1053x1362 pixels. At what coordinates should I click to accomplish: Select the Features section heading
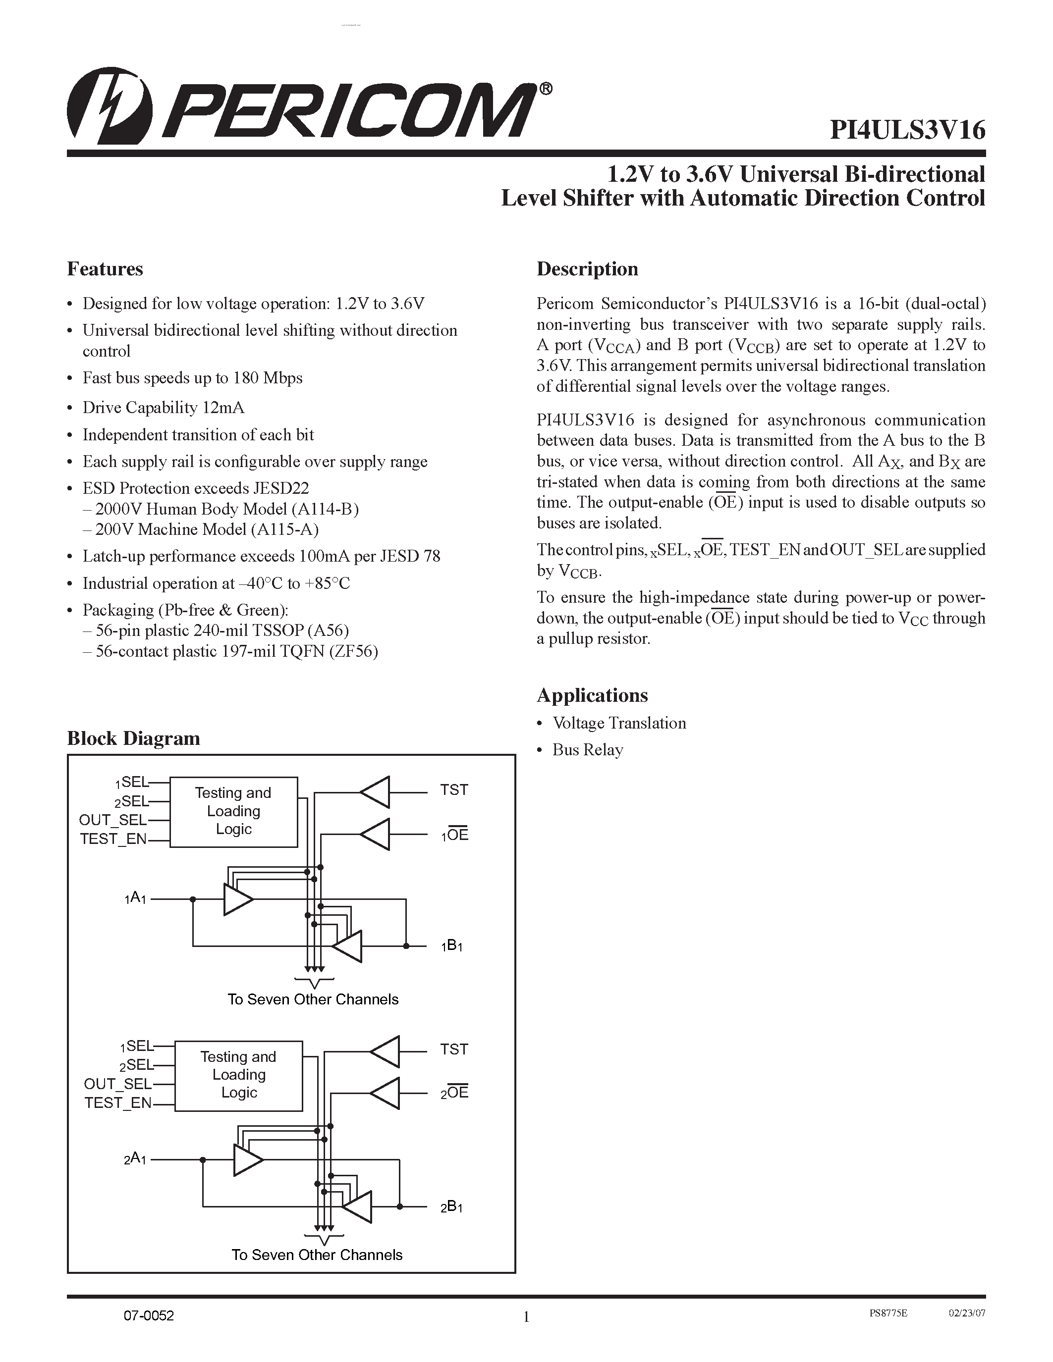[x=105, y=269]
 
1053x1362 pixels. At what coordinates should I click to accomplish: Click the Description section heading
[x=587, y=269]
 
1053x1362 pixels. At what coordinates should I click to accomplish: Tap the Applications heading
[x=592, y=695]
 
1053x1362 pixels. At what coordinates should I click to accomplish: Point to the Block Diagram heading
[x=133, y=738]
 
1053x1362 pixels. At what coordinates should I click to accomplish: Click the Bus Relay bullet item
[x=587, y=750]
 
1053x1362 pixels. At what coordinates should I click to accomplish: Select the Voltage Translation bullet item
[x=619, y=724]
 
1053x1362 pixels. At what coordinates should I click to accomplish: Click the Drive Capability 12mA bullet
[x=164, y=408]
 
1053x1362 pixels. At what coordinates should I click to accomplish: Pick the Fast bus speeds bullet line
[x=192, y=378]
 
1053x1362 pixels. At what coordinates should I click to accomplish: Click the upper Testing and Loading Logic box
[x=233, y=811]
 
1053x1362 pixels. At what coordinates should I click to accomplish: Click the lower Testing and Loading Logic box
[x=238, y=1075]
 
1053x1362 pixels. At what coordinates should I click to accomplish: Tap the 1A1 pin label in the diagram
[x=135, y=898]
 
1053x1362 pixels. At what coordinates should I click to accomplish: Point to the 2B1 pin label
[x=451, y=1206]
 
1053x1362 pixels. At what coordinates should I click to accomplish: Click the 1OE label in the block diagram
[x=455, y=835]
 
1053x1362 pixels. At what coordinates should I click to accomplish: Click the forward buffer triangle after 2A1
[x=247, y=1160]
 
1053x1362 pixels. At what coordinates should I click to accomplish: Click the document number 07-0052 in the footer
[x=149, y=1316]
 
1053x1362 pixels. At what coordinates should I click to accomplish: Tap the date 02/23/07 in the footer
[x=967, y=1313]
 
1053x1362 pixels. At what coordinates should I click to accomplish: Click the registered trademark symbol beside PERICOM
[x=545, y=89]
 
